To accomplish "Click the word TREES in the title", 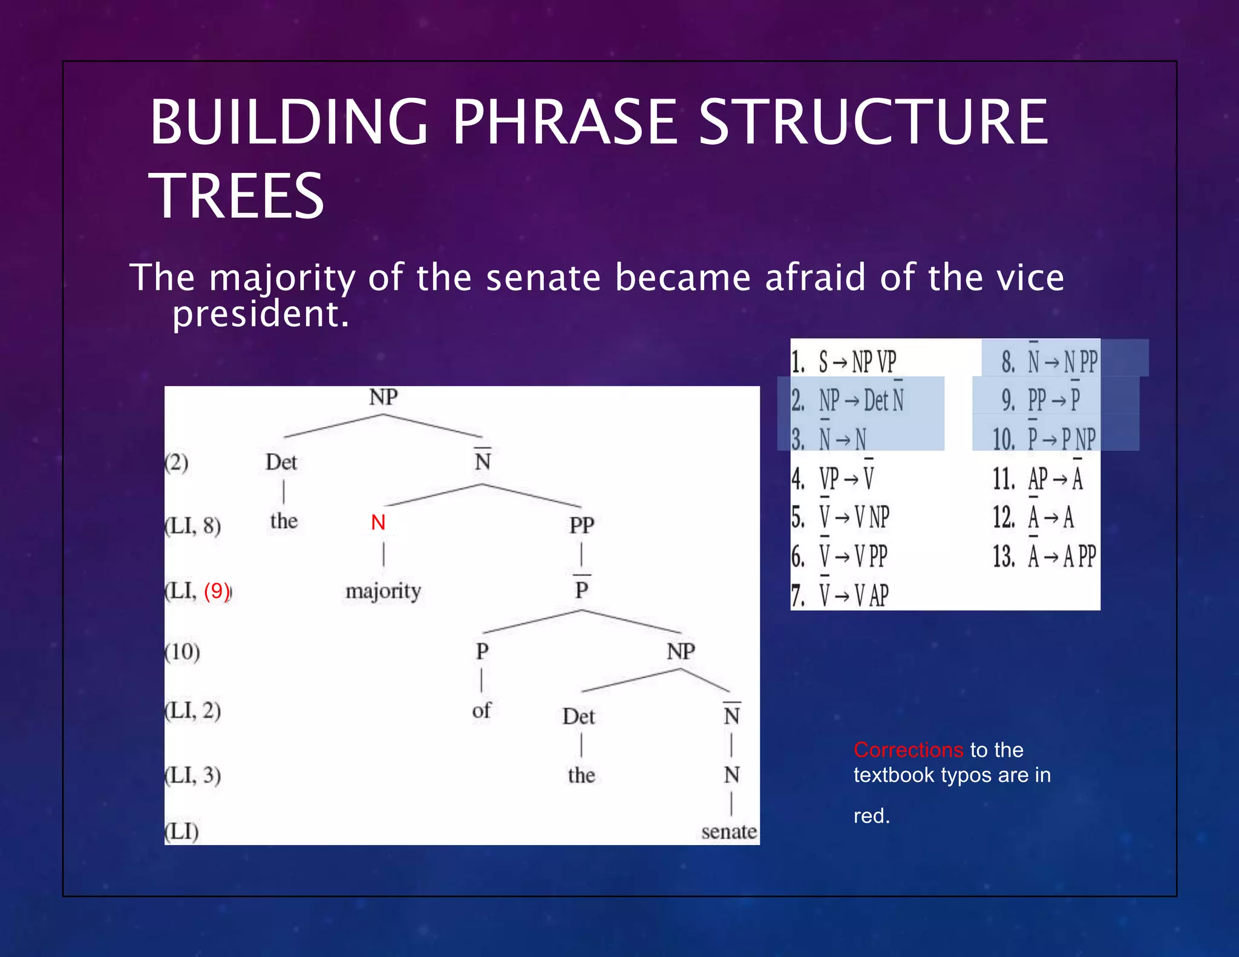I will (x=237, y=196).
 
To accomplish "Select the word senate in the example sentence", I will (x=543, y=278).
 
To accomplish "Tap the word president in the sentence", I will (x=260, y=314).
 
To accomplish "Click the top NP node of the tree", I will (x=383, y=397).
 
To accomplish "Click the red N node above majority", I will (x=378, y=523).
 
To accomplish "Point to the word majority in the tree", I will (x=383, y=591).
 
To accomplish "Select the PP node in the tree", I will (x=581, y=525).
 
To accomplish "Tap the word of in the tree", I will (x=482, y=710).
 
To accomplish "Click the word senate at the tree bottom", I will (x=728, y=832).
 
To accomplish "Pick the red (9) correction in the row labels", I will (x=217, y=590).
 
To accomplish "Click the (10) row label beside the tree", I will (x=182, y=652).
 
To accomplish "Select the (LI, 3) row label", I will (x=193, y=775).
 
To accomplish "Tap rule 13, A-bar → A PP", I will (x=1045, y=557).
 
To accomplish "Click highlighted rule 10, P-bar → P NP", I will (x=1045, y=439).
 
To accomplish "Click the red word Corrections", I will (x=908, y=750).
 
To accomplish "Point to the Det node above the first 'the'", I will (x=281, y=462).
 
